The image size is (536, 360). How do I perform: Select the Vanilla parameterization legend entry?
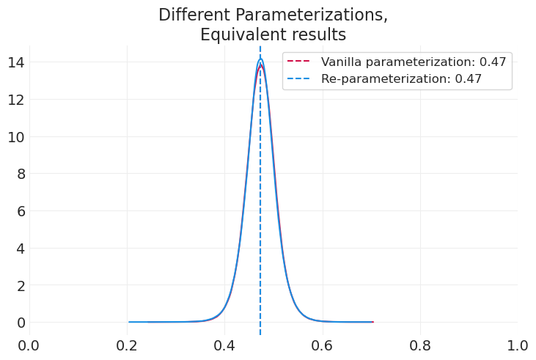point(414,62)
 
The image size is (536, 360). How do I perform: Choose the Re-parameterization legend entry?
point(401,79)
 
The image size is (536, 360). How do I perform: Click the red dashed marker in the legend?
point(300,62)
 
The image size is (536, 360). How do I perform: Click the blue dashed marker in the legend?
point(300,79)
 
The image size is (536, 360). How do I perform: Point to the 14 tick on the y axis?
point(15,62)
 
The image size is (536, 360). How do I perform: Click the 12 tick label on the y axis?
point(15,99)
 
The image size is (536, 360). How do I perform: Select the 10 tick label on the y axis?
point(15,136)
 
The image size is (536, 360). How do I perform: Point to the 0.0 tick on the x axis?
point(29,345)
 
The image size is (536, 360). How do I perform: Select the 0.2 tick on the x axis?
point(127,345)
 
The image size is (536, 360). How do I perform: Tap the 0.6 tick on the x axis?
point(323,345)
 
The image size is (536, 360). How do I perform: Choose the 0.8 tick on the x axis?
point(420,345)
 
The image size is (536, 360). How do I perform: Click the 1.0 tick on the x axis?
point(518,345)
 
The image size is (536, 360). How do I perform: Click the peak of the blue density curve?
point(260,59)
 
